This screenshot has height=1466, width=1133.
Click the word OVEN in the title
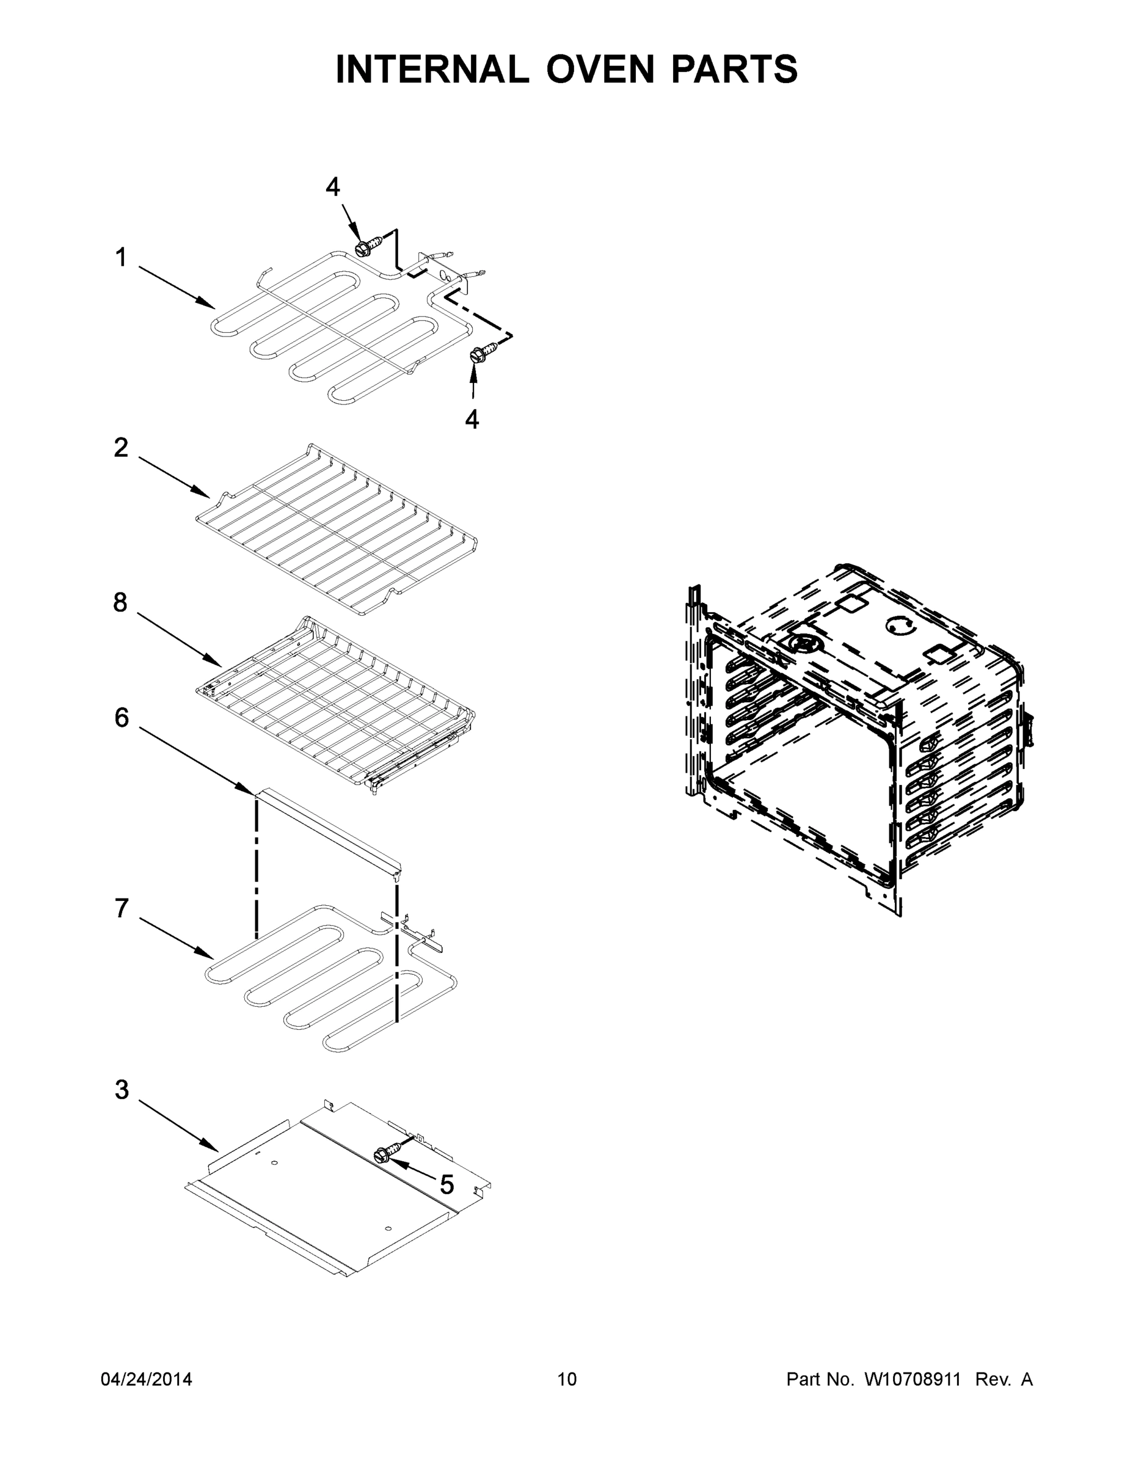599,69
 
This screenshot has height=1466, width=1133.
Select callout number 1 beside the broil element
121,257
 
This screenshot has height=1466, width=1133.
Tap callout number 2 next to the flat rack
121,448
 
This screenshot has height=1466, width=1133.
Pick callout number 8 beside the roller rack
120,603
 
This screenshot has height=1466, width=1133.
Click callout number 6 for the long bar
122,718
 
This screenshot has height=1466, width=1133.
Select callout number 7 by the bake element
122,909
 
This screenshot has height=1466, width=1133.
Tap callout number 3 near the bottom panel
122,1090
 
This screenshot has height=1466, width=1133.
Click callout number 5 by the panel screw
447,1186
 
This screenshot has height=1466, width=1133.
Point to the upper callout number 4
333,188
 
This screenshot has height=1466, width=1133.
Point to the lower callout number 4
472,420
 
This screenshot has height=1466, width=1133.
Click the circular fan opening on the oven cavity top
803,643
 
